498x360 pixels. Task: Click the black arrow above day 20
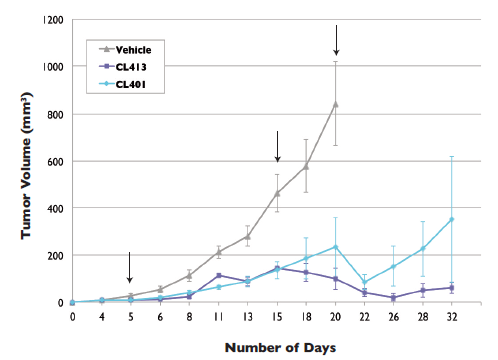[336, 40]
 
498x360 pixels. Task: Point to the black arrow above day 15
[277, 146]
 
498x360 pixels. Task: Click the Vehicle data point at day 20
[336, 104]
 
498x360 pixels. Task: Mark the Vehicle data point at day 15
[277, 193]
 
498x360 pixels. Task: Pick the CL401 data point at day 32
[452, 219]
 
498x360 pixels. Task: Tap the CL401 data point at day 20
[336, 247]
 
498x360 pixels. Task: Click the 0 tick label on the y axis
[61, 302]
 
